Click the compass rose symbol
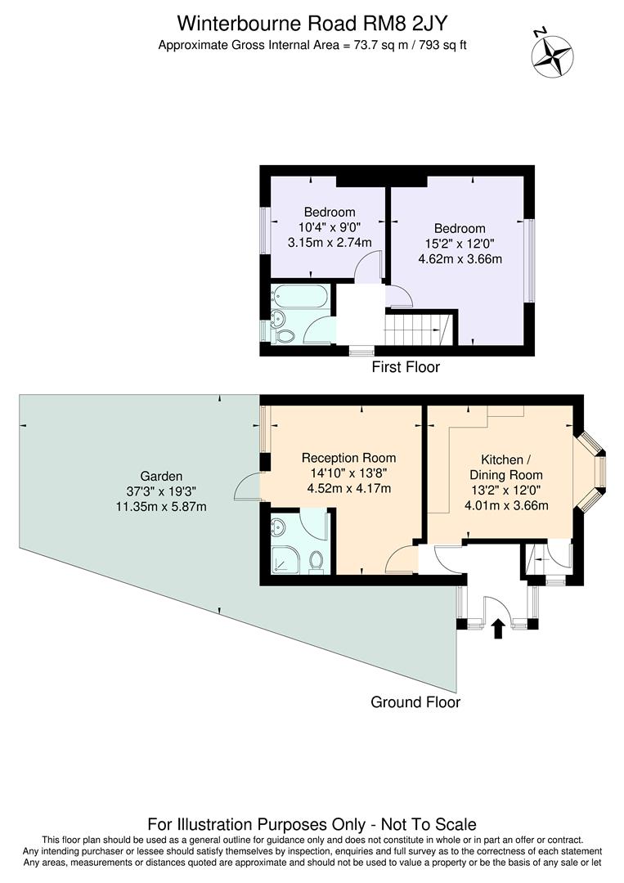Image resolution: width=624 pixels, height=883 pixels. (x=552, y=55)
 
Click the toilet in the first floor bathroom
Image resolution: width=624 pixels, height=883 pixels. (x=285, y=335)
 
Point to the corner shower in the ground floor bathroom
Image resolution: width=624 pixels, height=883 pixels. (x=284, y=561)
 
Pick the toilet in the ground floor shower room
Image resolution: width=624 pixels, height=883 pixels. (x=316, y=561)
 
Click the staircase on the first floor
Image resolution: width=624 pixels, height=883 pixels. (x=417, y=330)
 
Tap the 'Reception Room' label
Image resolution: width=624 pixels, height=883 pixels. (x=348, y=458)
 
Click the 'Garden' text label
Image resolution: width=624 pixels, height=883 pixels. (x=161, y=476)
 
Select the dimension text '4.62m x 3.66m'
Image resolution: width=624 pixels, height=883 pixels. (x=460, y=259)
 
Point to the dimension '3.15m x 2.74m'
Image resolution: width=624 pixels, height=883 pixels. (x=330, y=243)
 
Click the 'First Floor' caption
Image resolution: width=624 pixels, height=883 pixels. (x=406, y=367)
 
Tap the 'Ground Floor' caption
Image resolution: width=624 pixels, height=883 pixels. (x=415, y=702)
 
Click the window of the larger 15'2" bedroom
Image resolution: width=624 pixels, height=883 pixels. (x=529, y=259)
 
